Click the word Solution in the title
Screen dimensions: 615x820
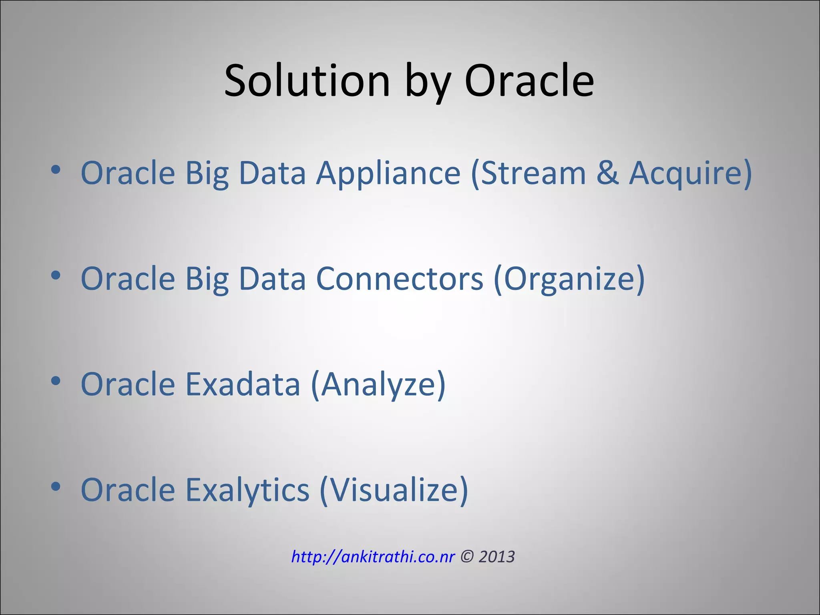click(307, 81)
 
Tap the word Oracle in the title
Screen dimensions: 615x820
click(529, 81)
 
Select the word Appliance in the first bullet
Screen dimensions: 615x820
click(388, 173)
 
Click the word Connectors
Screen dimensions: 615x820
click(400, 279)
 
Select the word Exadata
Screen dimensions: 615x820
click(243, 384)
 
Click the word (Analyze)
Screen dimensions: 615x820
click(378, 384)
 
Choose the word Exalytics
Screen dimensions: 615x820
click(247, 490)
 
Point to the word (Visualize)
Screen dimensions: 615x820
click(394, 490)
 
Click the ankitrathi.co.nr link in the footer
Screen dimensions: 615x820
click(373, 557)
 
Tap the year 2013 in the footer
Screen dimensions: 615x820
click(496, 557)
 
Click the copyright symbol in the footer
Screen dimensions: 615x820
click(466, 557)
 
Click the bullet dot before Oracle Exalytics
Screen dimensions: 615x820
click(56, 486)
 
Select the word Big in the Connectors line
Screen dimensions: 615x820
click(207, 279)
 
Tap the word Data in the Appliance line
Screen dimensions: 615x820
click(272, 173)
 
